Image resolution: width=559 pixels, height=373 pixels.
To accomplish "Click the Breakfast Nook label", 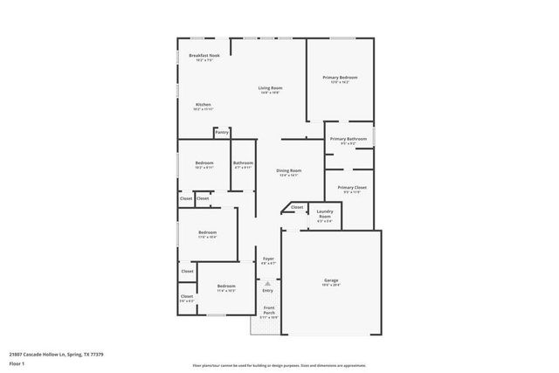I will (x=203, y=56).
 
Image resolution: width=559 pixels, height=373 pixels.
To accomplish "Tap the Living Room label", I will (x=269, y=88).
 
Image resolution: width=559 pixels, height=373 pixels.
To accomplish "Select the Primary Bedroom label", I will (x=340, y=78).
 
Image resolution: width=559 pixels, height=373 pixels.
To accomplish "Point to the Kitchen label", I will (x=203, y=105).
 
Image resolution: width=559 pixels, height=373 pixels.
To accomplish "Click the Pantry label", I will (x=222, y=132).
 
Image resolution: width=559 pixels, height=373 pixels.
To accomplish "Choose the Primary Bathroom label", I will (x=348, y=139).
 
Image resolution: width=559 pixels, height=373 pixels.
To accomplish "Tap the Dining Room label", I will (x=289, y=170).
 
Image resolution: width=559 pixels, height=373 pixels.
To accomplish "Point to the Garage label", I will (x=331, y=280).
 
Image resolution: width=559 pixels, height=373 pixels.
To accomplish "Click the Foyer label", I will (x=269, y=259).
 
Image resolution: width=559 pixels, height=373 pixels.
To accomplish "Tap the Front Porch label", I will (x=269, y=309).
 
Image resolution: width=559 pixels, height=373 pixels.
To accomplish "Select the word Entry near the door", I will (x=268, y=290).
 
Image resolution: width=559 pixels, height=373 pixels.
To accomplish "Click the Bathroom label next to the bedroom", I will (x=243, y=163).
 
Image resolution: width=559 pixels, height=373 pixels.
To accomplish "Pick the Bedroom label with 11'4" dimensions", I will (x=226, y=287).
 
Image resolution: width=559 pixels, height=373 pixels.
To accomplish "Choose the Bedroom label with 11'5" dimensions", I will (x=206, y=232).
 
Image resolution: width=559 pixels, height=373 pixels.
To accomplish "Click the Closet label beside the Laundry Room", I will (x=297, y=207).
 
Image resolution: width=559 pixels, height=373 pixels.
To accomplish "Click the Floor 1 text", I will (x=17, y=363).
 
